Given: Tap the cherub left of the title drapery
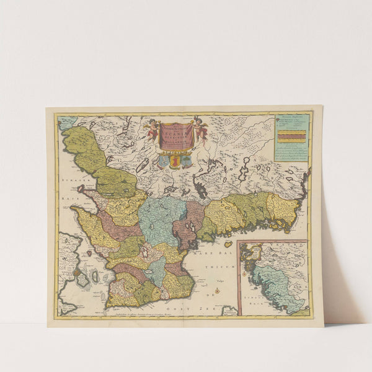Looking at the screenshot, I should click(x=152, y=128).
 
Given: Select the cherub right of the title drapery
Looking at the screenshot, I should click(x=200, y=128).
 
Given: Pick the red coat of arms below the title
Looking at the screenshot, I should click(x=175, y=161).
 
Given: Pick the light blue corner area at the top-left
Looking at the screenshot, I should click(x=66, y=122).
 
